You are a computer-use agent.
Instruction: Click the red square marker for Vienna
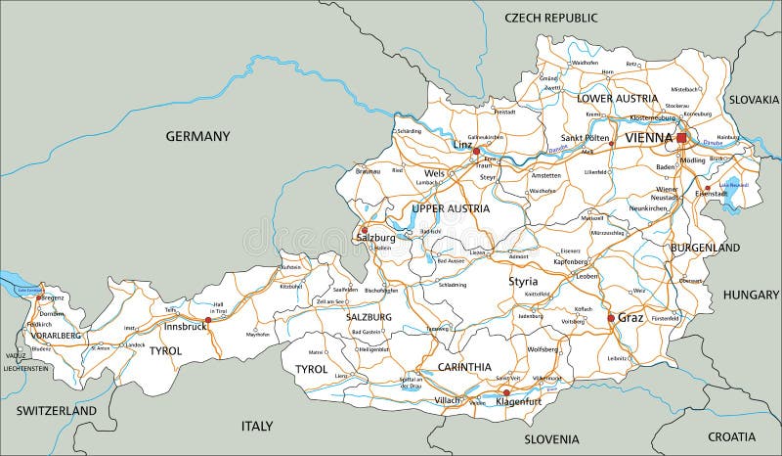point(681,139)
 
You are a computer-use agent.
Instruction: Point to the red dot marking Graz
point(611,318)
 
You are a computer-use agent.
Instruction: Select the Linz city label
point(462,145)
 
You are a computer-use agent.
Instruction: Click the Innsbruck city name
point(185,326)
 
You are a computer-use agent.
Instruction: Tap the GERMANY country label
point(197,136)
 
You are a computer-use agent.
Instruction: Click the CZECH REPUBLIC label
point(551,18)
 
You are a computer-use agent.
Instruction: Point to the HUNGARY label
point(751,295)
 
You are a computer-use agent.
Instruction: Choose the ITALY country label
point(257,426)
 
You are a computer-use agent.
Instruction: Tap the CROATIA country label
point(731,435)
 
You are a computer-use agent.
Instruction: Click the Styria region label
point(523,282)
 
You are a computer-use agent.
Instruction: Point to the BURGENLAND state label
point(705,249)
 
